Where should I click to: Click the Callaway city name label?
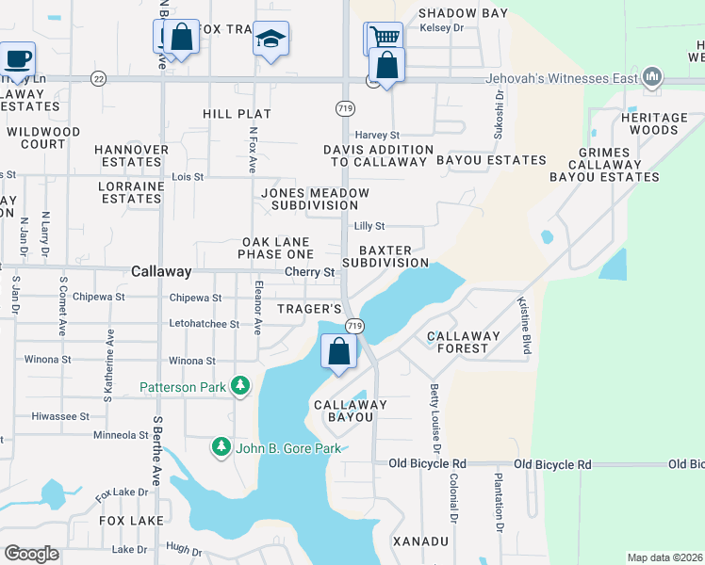[161, 271]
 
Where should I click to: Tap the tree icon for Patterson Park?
[241, 385]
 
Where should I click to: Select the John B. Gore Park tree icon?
[221, 447]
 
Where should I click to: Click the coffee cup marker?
[18, 59]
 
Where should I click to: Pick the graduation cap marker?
[271, 40]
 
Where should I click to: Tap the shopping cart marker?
[382, 38]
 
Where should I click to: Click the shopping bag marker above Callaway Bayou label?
[339, 352]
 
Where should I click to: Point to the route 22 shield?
[98, 79]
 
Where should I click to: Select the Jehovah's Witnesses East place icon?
[651, 78]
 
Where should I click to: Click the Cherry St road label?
[310, 272]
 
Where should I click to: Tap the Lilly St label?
[369, 226]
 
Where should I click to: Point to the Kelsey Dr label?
[447, 28]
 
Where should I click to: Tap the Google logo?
[31, 553]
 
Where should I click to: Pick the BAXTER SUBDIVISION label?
[385, 257]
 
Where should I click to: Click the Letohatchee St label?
[202, 324]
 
